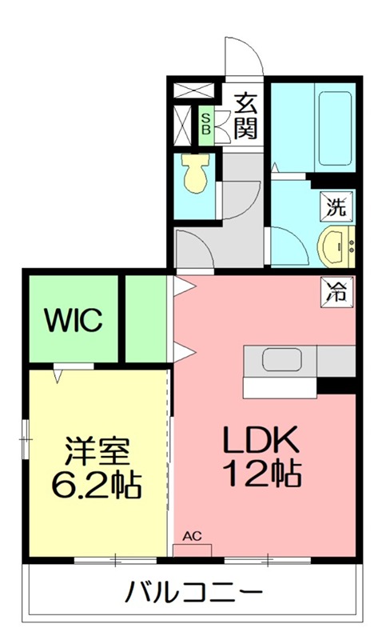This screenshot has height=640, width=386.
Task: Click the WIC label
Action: [73, 321]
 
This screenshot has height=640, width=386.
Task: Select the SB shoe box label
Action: [206, 123]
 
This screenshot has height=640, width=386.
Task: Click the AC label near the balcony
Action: [192, 538]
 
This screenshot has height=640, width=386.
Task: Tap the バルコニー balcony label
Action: [194, 594]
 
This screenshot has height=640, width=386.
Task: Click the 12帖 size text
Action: [262, 475]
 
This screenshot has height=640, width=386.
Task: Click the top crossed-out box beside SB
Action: [195, 90]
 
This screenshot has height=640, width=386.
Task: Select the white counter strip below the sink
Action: [280, 387]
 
